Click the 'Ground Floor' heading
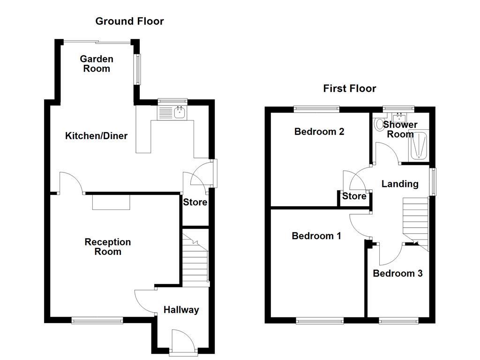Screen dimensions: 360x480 (x=129, y=21)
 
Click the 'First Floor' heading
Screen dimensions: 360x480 (x=349, y=89)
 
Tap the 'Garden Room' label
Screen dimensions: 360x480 (x=97, y=64)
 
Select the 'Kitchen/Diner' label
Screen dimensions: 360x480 (x=96, y=136)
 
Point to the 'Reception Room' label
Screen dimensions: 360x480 (x=107, y=247)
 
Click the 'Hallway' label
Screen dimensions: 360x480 (x=181, y=310)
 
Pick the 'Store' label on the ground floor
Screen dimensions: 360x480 (x=195, y=202)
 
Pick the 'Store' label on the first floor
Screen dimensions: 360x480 (x=354, y=196)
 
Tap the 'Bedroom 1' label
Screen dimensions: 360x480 (x=316, y=236)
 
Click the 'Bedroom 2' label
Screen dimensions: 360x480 (x=319, y=132)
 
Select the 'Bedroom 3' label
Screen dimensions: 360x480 (x=397, y=273)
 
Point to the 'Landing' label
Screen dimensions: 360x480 (x=399, y=184)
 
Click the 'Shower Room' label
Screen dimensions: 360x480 (x=400, y=129)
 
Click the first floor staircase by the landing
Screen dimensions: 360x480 (x=415, y=220)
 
